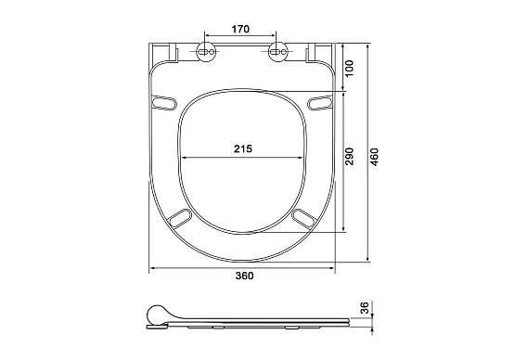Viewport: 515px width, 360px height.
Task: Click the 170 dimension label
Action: [240, 29]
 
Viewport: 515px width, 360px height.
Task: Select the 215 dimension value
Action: [243, 148]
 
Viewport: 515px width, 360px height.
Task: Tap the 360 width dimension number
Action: [244, 276]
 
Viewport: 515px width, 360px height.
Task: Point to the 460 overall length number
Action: [375, 157]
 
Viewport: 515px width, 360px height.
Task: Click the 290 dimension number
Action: [350, 157]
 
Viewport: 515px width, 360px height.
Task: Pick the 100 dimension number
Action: [350, 68]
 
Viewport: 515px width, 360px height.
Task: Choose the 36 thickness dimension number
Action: [366, 308]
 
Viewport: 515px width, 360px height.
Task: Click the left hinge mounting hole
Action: [207, 52]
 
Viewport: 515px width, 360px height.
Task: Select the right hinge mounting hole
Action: [278, 52]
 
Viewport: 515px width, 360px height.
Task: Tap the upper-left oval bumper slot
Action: [163, 102]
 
